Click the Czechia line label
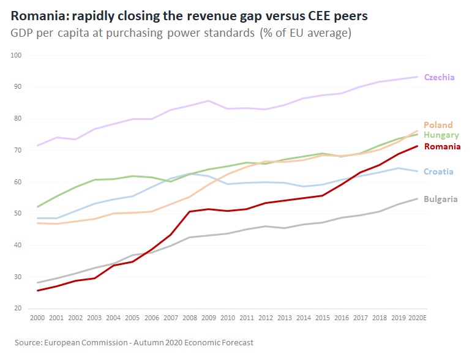[x=439, y=77]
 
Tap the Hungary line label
[x=441, y=135]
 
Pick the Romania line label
[x=441, y=146]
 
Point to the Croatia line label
[x=438, y=171]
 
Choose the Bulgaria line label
[x=440, y=199]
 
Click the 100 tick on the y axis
[x=16, y=55]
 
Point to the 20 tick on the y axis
[x=18, y=309]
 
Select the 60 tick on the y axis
[x=18, y=182]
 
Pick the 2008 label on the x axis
[x=190, y=319]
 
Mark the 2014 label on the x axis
[x=303, y=319]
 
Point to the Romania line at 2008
[x=190, y=212]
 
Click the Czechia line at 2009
[x=209, y=100]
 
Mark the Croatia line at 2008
[x=190, y=174]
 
